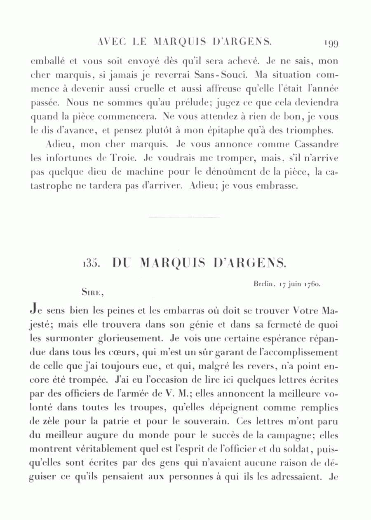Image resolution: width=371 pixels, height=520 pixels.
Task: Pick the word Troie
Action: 120,158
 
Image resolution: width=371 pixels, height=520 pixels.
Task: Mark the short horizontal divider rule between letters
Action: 183,217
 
